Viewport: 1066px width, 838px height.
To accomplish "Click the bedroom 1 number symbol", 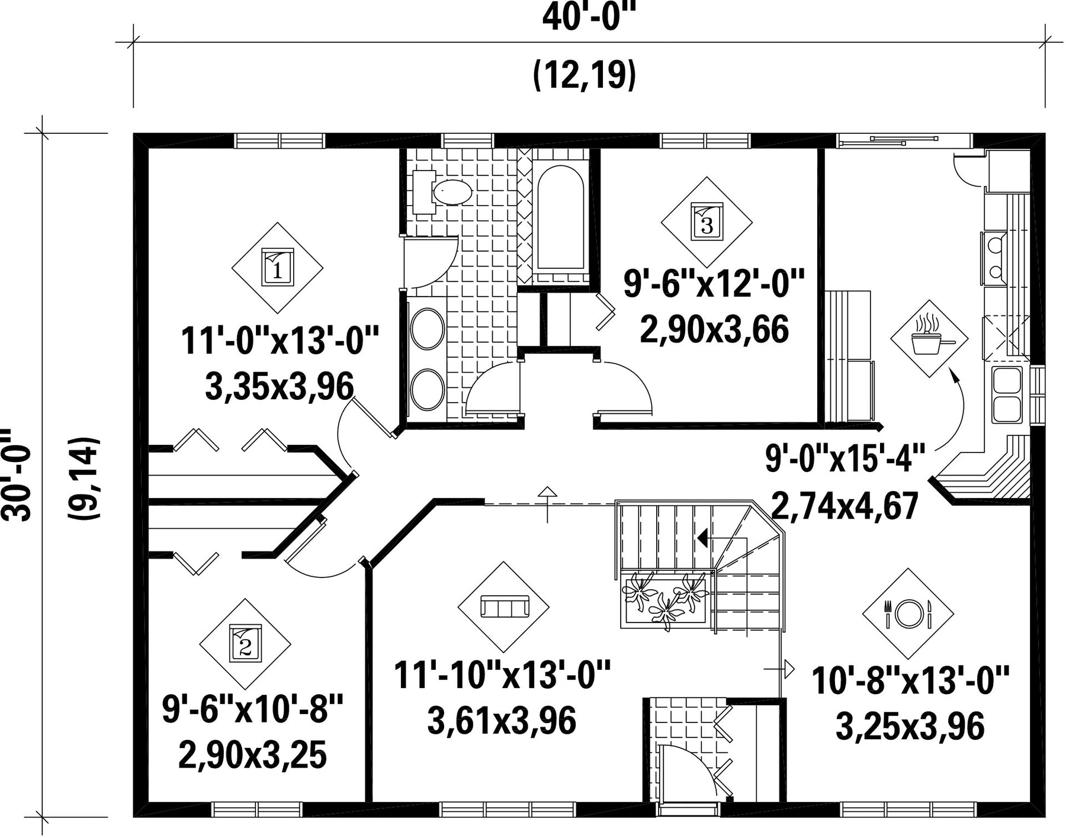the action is [277, 268].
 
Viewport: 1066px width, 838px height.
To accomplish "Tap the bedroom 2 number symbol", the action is [245, 644].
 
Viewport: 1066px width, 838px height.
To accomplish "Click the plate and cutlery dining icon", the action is [908, 614].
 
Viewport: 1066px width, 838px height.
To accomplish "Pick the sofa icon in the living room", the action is [504, 607].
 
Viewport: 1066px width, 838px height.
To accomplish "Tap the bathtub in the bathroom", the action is [560, 219].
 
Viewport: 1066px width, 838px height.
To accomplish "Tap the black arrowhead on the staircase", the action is [703, 538].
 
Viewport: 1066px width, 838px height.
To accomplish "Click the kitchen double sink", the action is [1007, 394].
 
